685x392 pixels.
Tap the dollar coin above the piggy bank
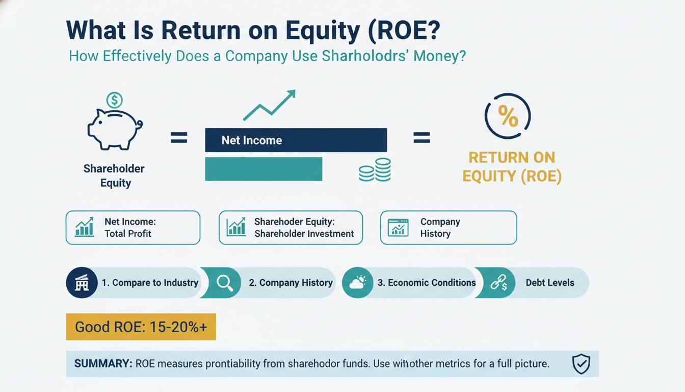pyautogui.click(x=114, y=100)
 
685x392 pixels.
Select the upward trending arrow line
pyautogui.click(x=270, y=105)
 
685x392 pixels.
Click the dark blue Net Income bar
pyautogui.click(x=296, y=140)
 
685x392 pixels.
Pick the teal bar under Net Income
pyautogui.click(x=264, y=169)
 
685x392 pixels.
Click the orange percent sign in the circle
pyautogui.click(x=508, y=116)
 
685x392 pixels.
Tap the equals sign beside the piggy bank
pyautogui.click(x=179, y=137)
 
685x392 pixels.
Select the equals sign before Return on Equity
pyautogui.click(x=421, y=137)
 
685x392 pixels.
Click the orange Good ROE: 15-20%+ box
pyautogui.click(x=141, y=327)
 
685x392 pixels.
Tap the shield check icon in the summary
pyautogui.click(x=581, y=364)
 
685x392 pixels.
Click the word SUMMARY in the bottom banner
pyautogui.click(x=103, y=363)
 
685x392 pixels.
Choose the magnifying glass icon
pyautogui.click(x=225, y=283)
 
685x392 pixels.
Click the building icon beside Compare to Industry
pyautogui.click(x=82, y=282)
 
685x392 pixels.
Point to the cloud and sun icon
pyautogui.click(x=357, y=282)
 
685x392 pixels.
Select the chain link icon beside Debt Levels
pyautogui.click(x=499, y=282)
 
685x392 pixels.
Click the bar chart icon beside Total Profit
pyautogui.click(x=85, y=227)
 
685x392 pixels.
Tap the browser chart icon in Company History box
pyautogui.click(x=398, y=228)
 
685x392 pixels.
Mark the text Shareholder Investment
pyautogui.click(x=304, y=234)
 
